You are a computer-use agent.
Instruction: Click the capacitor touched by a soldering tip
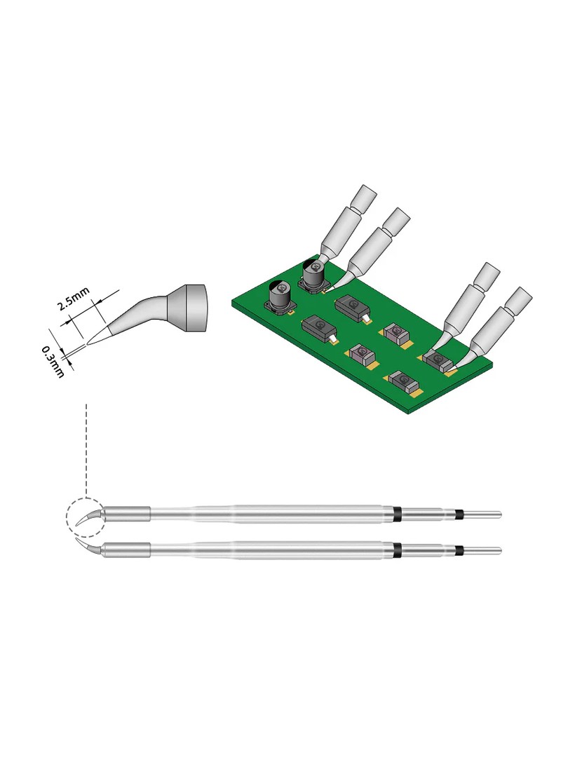tap(313, 276)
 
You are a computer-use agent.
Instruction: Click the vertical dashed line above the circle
tap(86, 449)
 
